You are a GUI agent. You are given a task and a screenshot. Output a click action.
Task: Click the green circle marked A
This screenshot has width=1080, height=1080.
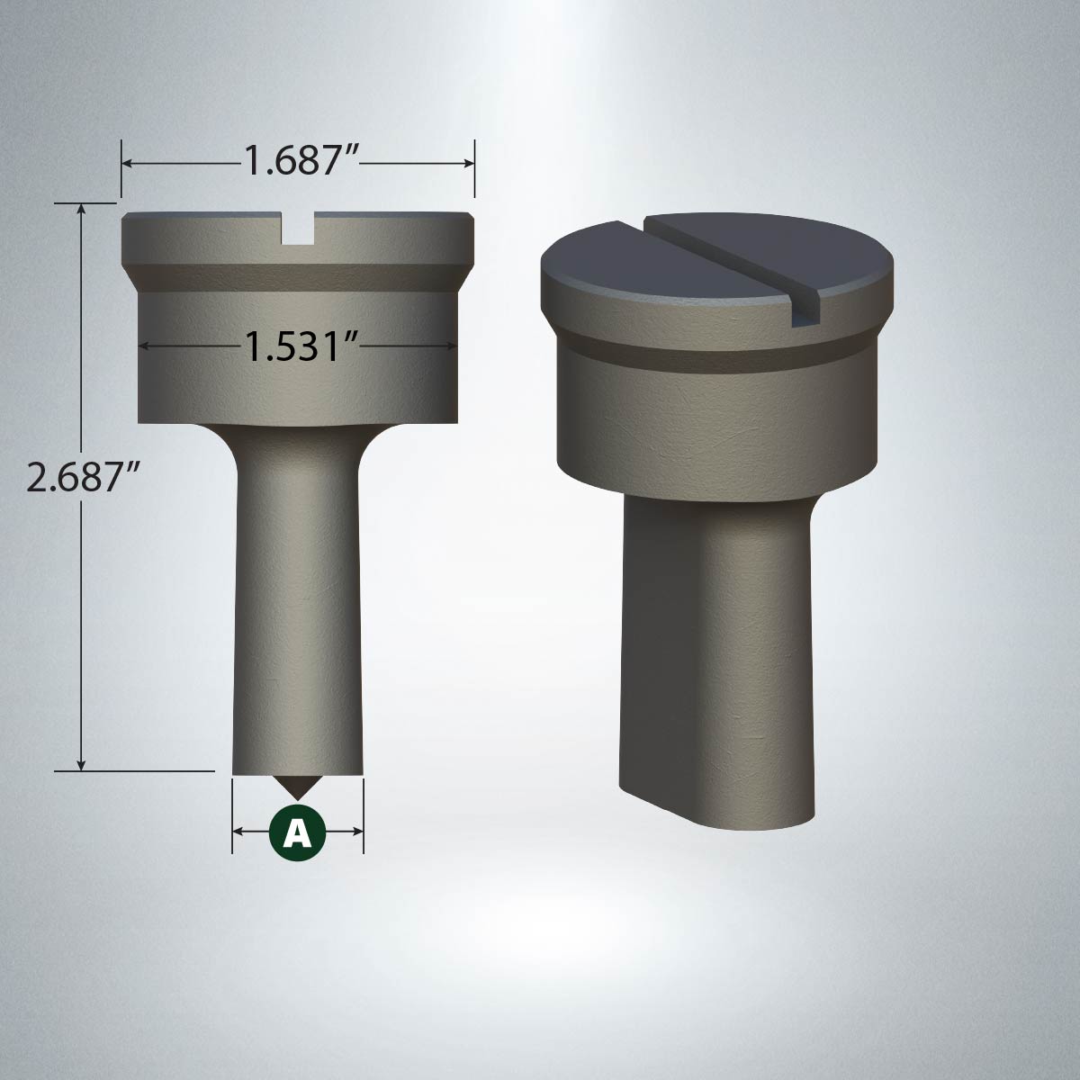pyautogui.click(x=297, y=831)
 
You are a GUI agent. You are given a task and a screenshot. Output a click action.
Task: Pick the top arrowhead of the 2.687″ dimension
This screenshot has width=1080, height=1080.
pyautogui.click(x=83, y=209)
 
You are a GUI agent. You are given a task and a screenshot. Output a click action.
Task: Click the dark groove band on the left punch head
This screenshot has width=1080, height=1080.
pyautogui.click(x=297, y=274)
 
